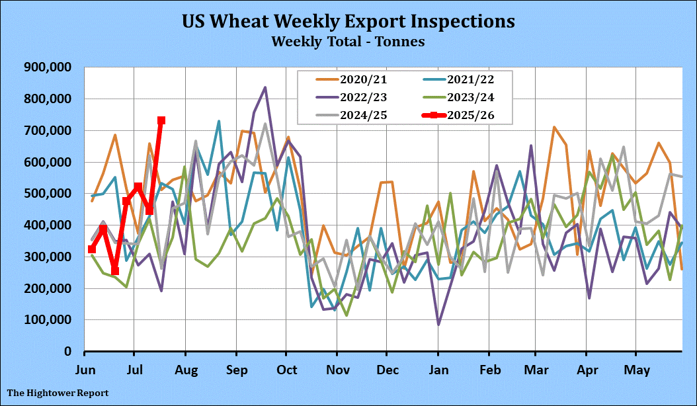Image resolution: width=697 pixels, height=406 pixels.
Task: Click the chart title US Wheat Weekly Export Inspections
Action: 348,21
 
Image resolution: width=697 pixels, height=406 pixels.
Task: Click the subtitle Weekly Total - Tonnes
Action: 348,41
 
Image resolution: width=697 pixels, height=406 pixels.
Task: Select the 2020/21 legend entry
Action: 363,81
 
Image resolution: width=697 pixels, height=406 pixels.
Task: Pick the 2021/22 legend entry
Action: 470,81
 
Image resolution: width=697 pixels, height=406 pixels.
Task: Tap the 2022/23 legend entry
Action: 363,98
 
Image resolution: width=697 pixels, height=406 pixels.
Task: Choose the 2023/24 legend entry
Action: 470,98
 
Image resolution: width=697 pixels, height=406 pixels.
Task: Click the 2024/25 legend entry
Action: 363,115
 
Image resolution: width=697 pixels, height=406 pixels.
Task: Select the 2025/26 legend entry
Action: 470,115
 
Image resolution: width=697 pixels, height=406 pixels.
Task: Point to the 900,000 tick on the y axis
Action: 50,67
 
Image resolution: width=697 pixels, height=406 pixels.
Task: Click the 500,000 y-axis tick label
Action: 50,194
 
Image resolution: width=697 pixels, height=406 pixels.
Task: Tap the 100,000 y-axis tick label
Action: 50,320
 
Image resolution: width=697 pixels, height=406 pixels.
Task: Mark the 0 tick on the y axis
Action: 67,352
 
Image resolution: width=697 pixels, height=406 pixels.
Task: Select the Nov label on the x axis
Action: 338,368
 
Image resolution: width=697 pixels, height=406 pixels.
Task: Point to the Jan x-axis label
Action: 438,368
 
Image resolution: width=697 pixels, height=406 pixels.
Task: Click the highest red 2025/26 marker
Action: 161,120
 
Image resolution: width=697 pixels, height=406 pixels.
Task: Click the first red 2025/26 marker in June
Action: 92,249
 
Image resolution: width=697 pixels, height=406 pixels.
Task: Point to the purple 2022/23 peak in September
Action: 265,87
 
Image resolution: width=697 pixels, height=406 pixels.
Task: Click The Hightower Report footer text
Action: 58,393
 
